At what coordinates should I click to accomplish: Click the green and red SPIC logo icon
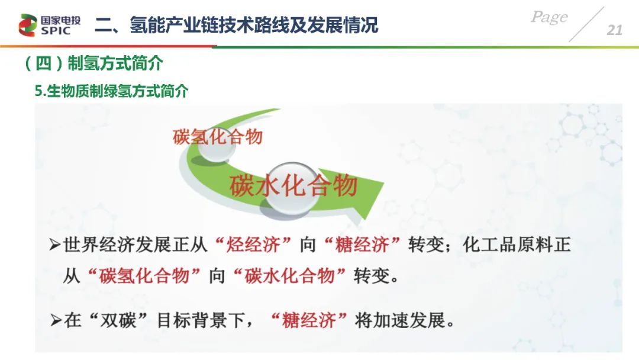point(28,25)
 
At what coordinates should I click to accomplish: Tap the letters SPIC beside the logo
point(56,31)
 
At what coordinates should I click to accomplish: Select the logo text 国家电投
point(61,20)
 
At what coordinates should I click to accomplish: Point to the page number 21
point(614,30)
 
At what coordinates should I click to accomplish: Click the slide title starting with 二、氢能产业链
point(236,25)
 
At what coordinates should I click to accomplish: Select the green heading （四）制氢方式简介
point(93,63)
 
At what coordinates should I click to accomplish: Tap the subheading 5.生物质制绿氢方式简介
point(111,91)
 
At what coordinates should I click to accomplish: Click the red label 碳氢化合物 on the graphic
point(218,137)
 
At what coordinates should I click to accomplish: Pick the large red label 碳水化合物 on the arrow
point(293,185)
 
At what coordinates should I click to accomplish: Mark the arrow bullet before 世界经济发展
point(54,245)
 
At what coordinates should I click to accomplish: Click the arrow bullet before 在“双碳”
point(56,320)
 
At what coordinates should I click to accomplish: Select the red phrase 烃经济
point(253,245)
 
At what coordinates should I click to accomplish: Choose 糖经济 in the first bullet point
point(362,245)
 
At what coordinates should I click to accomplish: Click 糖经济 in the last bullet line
point(309,320)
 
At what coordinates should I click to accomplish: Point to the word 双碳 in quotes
point(118,320)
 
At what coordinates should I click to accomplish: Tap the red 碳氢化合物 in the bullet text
point(144,276)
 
